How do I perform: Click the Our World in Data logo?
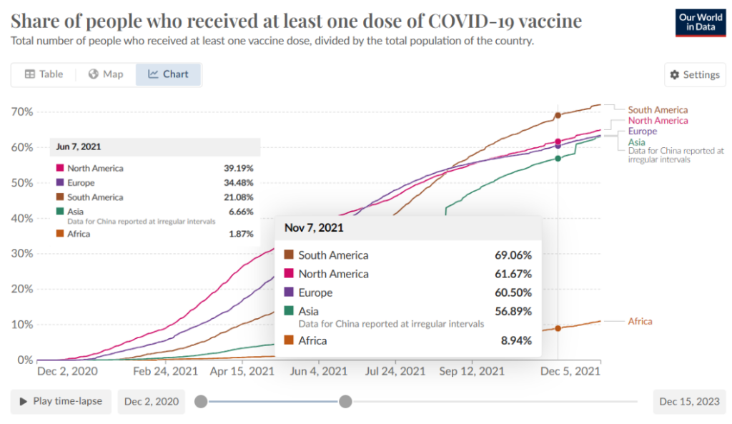pos(700,23)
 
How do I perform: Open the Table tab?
pos(44,74)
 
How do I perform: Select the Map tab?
pos(106,74)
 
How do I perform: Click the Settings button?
pos(695,75)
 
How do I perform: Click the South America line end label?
pos(658,110)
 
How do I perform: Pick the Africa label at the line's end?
pos(640,322)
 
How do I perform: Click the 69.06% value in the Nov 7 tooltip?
pos(513,255)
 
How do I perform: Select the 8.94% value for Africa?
pos(516,341)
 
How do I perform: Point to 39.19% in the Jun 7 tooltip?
pos(238,169)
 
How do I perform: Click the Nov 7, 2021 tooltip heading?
pos(314,229)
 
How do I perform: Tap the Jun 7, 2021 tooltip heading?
pos(79,147)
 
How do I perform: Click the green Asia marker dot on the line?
pos(558,158)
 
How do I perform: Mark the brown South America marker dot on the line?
pos(558,115)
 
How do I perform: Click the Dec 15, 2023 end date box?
pos(689,402)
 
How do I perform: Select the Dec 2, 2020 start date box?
pos(152,402)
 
